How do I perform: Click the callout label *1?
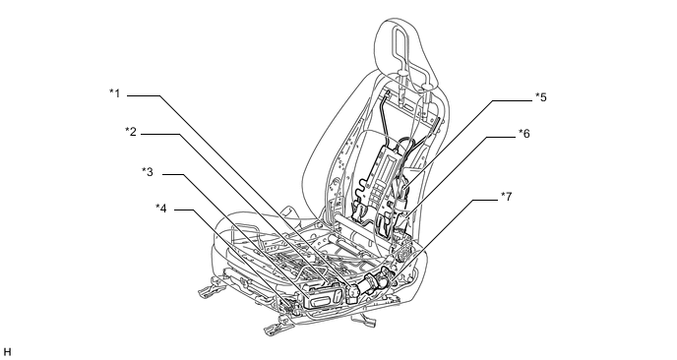click(115, 93)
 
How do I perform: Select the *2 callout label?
click(131, 132)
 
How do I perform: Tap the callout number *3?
click(148, 172)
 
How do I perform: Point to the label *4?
click(161, 209)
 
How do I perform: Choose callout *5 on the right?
click(541, 97)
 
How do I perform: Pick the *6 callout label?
click(524, 134)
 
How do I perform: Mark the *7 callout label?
click(507, 197)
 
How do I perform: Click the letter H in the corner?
click(7, 352)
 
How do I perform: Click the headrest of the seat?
click(405, 52)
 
